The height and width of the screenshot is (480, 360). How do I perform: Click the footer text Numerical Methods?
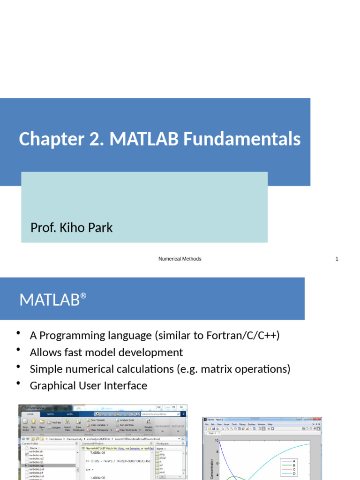[x=180, y=259]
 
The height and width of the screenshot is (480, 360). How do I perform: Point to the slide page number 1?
[x=337, y=259]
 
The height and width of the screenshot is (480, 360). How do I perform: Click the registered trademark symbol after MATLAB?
[x=83, y=296]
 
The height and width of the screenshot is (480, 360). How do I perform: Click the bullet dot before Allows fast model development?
[x=19, y=350]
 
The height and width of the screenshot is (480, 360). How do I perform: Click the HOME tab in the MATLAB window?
[x=30, y=414]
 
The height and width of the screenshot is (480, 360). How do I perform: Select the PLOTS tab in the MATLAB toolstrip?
[x=50, y=414]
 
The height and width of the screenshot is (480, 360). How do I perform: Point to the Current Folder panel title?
[x=30, y=443]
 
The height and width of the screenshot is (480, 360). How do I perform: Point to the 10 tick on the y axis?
[x=217, y=441]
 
